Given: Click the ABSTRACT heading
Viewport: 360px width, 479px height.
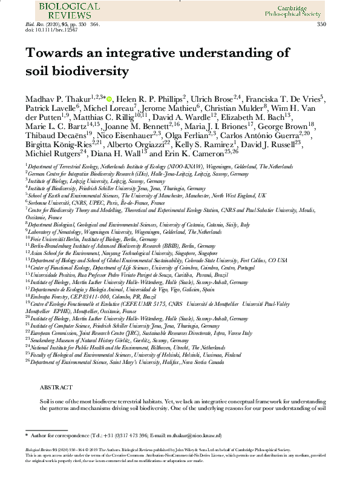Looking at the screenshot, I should (x=56, y=387).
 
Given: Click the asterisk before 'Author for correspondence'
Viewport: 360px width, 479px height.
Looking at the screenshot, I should (x=27, y=435).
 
